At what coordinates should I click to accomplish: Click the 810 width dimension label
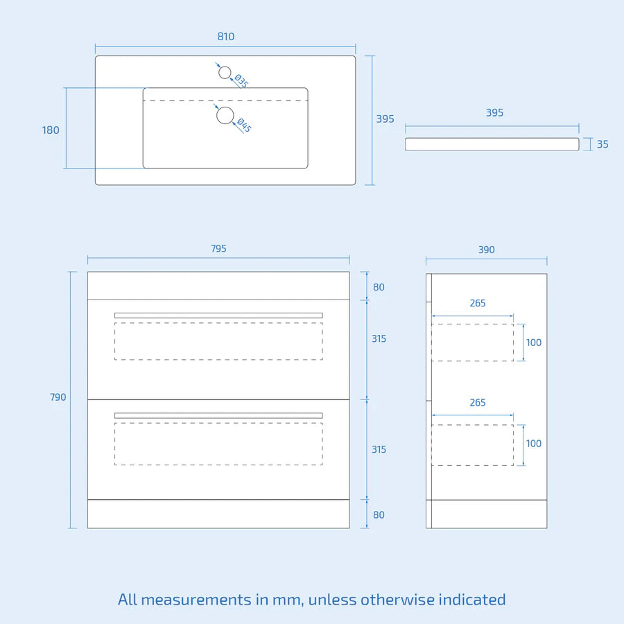225,37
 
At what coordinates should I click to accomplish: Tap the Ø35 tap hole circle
225,72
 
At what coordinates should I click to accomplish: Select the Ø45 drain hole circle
225,115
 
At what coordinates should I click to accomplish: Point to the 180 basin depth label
51,130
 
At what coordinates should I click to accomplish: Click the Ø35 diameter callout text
241,81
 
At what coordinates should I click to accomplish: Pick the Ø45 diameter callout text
244,125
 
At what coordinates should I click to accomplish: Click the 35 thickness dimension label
603,144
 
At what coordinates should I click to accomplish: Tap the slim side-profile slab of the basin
492,144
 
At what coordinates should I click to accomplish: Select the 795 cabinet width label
218,249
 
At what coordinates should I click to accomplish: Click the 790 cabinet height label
58,397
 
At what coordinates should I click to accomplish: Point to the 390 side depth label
486,250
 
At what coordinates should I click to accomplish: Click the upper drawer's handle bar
218,315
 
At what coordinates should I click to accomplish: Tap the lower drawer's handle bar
218,415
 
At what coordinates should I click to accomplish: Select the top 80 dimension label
379,287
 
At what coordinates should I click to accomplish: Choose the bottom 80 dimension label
379,515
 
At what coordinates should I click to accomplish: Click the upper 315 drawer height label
379,338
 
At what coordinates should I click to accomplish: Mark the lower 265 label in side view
478,403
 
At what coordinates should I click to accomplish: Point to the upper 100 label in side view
534,343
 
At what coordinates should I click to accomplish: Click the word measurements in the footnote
196,600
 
